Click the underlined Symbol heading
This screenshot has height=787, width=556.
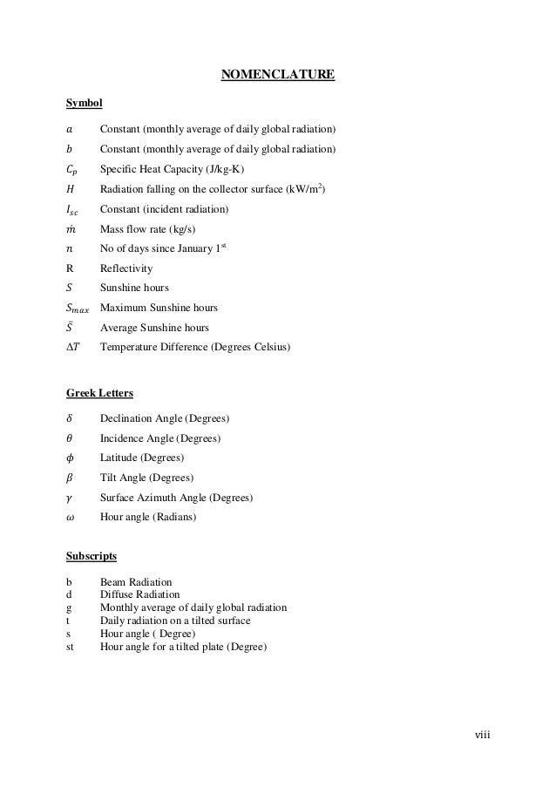[x=85, y=104]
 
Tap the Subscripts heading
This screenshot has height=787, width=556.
[x=92, y=555]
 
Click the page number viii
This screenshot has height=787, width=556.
[x=482, y=735]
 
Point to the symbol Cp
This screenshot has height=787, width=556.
[x=72, y=171]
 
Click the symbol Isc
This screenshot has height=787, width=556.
[x=72, y=211]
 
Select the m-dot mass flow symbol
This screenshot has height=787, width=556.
[x=70, y=229]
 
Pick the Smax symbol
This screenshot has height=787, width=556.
[x=77, y=309]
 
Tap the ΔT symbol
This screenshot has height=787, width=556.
[x=71, y=347]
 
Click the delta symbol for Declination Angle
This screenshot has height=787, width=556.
[x=69, y=418]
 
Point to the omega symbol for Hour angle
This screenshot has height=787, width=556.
[x=70, y=518]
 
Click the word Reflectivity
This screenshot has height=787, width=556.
[x=126, y=268]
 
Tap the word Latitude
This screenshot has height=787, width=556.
[x=119, y=458]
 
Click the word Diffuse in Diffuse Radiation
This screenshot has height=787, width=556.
[x=116, y=594]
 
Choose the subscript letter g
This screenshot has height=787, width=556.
[x=69, y=607]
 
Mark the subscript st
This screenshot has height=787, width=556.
[x=70, y=647]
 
